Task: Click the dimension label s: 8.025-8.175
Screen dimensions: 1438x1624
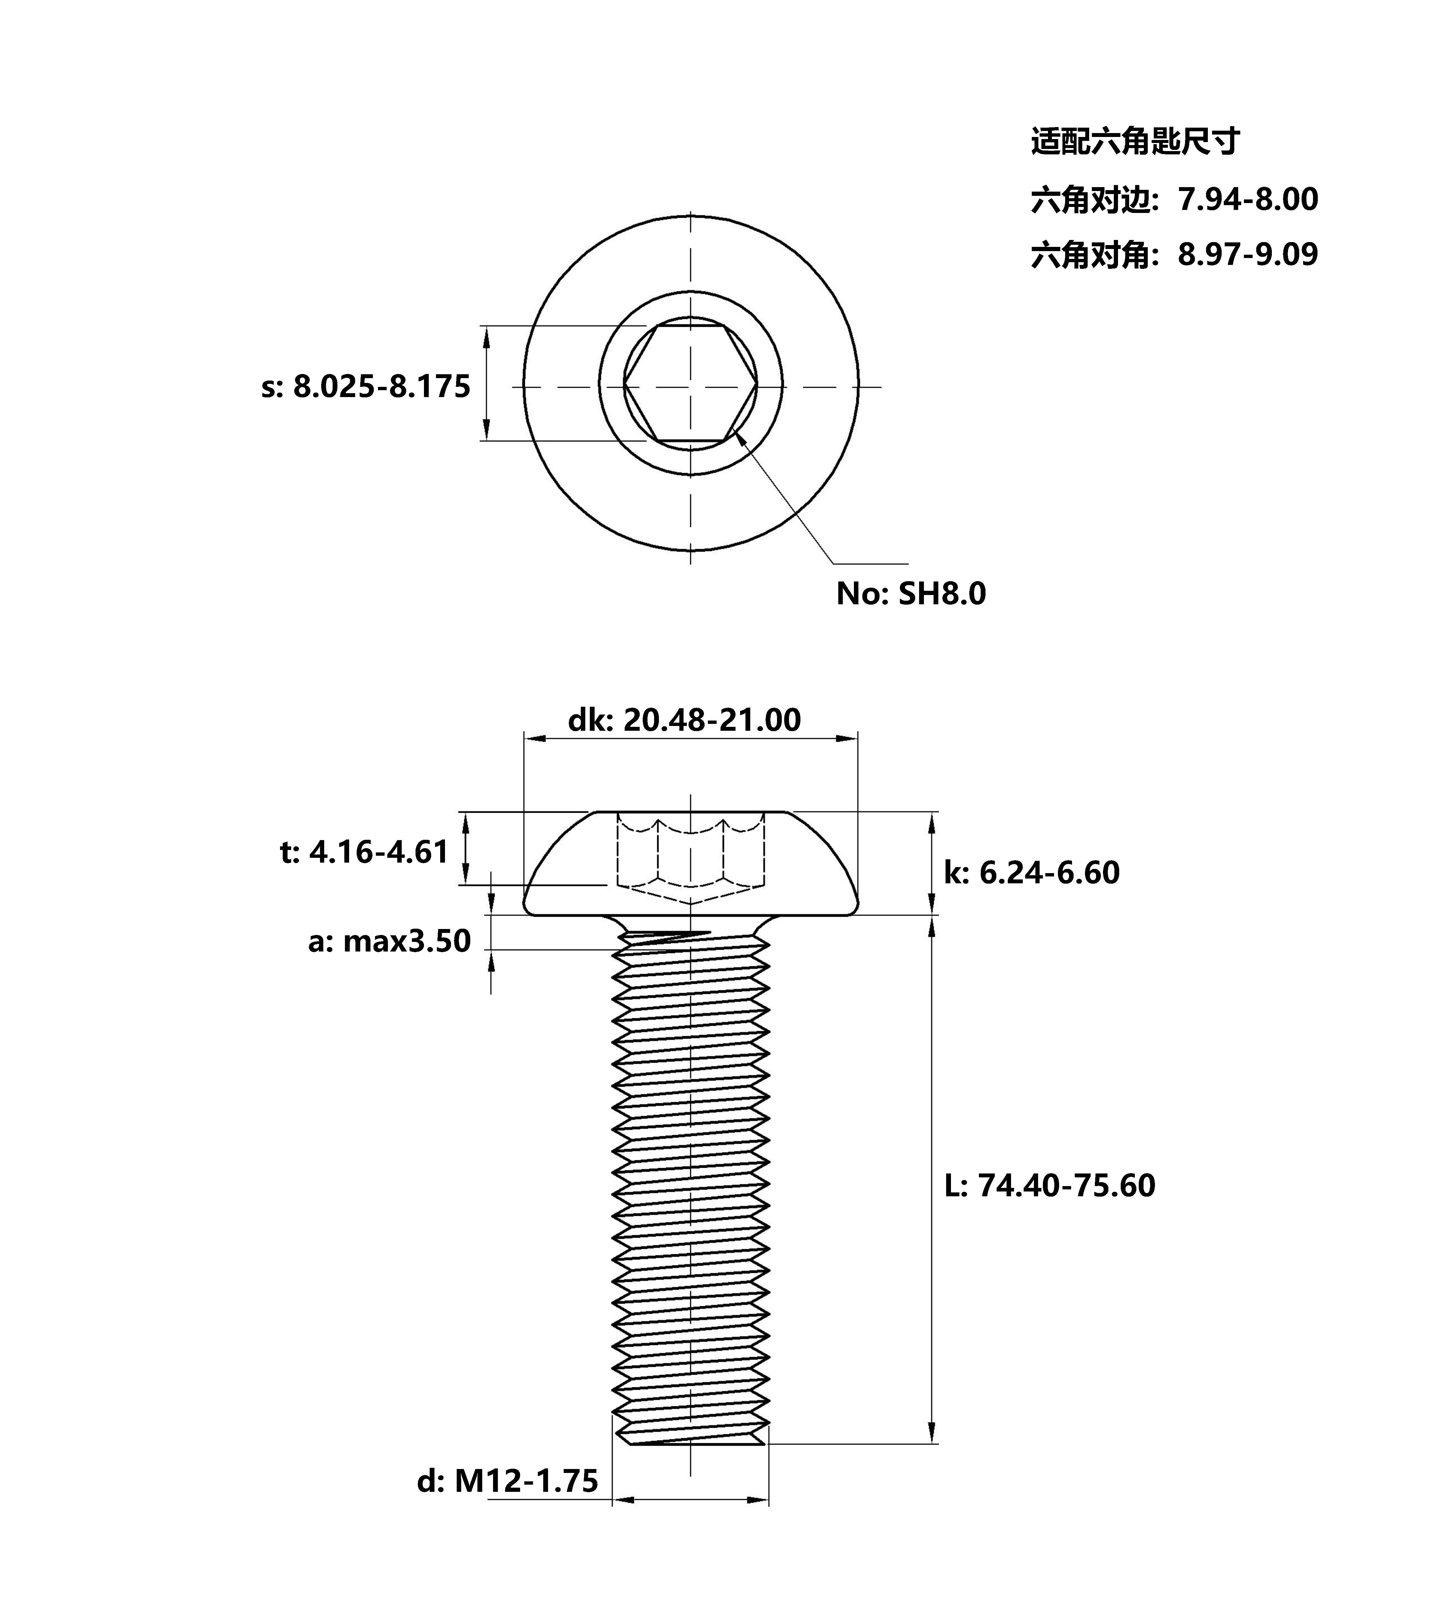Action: tap(366, 387)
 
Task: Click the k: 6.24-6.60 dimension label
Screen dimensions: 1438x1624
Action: tap(1032, 873)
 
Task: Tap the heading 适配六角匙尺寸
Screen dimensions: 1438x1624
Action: tap(1135, 141)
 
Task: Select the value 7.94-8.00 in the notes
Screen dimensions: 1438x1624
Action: tap(1248, 199)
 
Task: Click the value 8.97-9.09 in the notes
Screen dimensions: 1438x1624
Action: tap(1248, 254)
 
